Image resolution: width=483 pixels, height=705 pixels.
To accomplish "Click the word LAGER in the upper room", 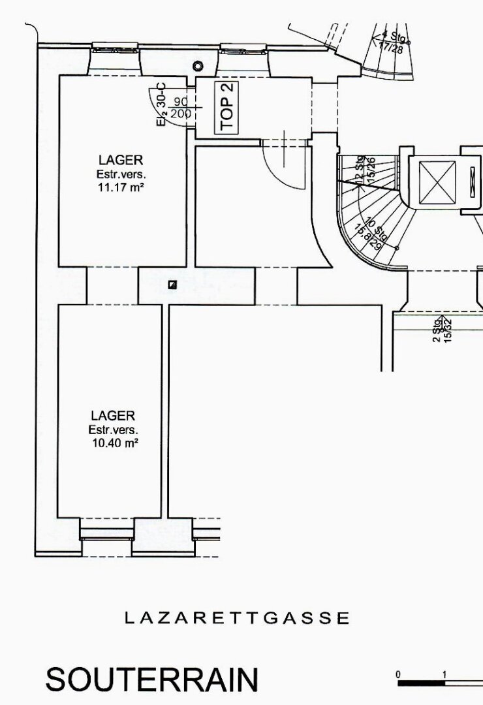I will click(x=121, y=159).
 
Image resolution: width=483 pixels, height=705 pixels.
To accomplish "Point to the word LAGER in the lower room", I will click(x=113, y=415).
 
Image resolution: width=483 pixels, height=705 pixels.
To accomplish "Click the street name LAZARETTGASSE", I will click(x=237, y=618).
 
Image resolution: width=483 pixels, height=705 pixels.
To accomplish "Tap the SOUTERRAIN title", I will click(x=151, y=680).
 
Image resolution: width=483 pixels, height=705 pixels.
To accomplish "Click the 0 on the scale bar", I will click(x=397, y=674).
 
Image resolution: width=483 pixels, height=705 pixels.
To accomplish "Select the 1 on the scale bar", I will click(x=444, y=674).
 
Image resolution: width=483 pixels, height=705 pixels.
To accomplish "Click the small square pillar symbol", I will click(x=172, y=284).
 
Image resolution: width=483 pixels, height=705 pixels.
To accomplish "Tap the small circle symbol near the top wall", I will click(x=198, y=66).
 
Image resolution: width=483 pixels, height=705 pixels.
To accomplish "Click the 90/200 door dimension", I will click(x=181, y=108).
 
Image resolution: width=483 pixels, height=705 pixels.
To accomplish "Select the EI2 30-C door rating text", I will click(x=161, y=104).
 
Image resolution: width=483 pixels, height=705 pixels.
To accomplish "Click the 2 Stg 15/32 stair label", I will click(x=443, y=330).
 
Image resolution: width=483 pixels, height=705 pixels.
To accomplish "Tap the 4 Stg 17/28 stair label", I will click(x=391, y=42).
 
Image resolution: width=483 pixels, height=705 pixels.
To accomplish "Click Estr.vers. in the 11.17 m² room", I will click(x=121, y=174).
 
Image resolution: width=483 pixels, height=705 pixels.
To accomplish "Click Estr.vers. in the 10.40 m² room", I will click(x=113, y=430).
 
